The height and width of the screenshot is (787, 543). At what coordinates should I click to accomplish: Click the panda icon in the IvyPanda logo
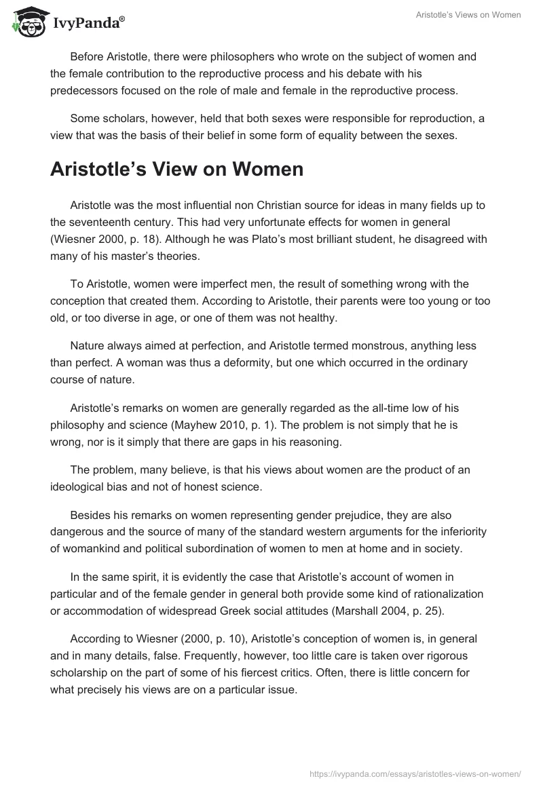pyautogui.click(x=27, y=21)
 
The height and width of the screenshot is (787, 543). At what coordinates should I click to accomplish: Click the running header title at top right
pyautogui.click(x=468, y=15)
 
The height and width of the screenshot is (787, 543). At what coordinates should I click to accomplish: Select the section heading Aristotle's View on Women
pyautogui.click(x=176, y=169)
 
